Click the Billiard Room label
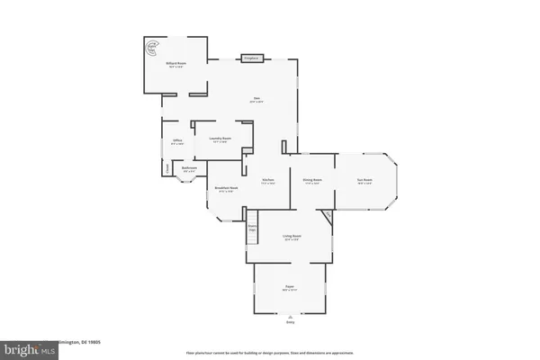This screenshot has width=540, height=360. (x=175, y=63)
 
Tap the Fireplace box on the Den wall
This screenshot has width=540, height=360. (x=251, y=58)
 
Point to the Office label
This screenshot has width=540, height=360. (x=177, y=140)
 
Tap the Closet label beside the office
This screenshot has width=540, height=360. (x=166, y=166)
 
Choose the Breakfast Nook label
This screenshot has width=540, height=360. (x=225, y=189)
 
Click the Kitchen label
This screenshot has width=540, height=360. (x=268, y=181)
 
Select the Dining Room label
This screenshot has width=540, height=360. (x=312, y=181)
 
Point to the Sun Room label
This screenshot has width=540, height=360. (x=364, y=181)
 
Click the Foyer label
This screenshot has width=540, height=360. (x=289, y=288)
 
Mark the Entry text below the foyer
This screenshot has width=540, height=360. (x=289, y=321)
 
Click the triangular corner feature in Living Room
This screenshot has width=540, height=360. (x=328, y=216)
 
